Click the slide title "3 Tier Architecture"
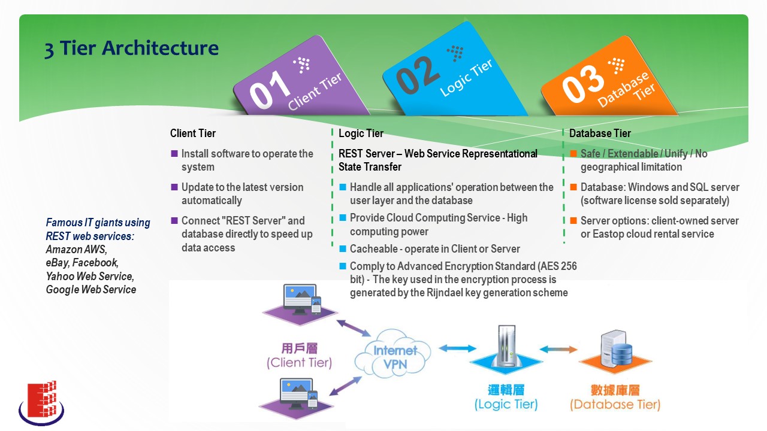pos(131,48)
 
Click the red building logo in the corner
pos(41,403)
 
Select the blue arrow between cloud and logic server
pos(457,348)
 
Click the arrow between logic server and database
pos(558,349)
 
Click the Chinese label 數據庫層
pos(615,390)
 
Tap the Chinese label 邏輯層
pos(506,390)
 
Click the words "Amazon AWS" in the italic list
pos(76,250)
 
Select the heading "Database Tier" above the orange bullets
pos(600,133)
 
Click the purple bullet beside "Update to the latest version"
pos(174,187)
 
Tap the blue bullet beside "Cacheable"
pos(342,248)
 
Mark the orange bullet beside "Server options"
pos(573,221)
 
